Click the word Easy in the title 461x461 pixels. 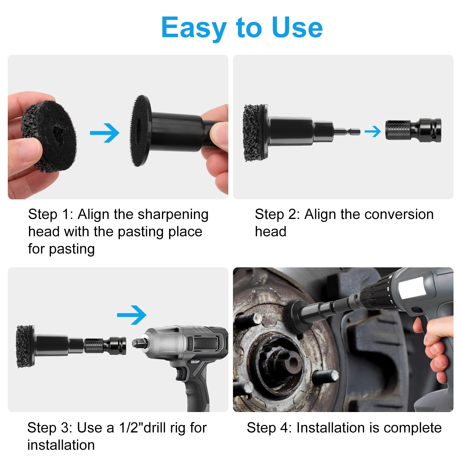[194, 28]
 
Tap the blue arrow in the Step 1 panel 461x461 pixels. [105, 133]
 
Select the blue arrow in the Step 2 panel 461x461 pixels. [373, 131]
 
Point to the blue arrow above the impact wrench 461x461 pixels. [132, 315]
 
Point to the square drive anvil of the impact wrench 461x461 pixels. [136, 343]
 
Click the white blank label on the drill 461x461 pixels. [412, 287]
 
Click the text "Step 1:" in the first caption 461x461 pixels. [51, 215]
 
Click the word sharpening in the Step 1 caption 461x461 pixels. [173, 215]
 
